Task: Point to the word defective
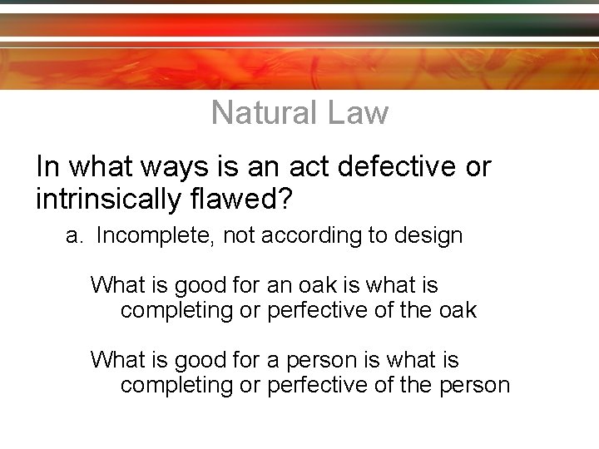398,167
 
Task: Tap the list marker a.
75,236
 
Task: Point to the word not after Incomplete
240,236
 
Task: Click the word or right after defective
478,167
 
